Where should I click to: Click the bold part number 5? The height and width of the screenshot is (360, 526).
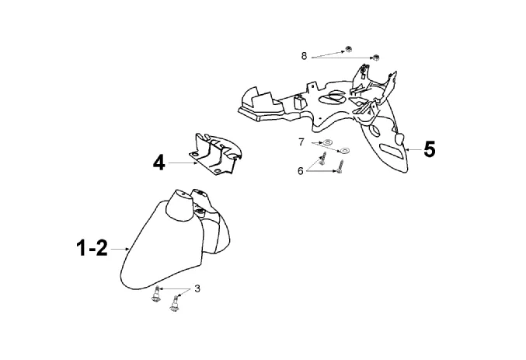pos(429,149)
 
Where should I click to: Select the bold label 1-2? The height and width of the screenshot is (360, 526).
pos(92,248)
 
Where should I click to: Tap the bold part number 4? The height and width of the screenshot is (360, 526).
pos(158,163)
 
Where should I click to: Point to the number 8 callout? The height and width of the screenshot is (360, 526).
pos(305,55)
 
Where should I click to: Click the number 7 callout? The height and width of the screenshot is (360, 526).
pos(301,142)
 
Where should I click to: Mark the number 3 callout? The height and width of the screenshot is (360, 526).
pos(197,288)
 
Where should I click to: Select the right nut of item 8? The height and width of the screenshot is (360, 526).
pos(375,57)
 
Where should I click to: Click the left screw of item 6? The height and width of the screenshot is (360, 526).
pos(322,164)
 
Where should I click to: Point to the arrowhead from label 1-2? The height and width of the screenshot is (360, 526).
pos(127,249)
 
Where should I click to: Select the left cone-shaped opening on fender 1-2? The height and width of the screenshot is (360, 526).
pos(177,195)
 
